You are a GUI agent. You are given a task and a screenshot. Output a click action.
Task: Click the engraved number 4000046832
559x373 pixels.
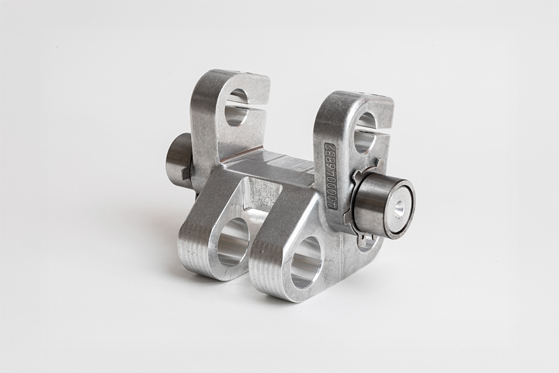pos(330,176)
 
